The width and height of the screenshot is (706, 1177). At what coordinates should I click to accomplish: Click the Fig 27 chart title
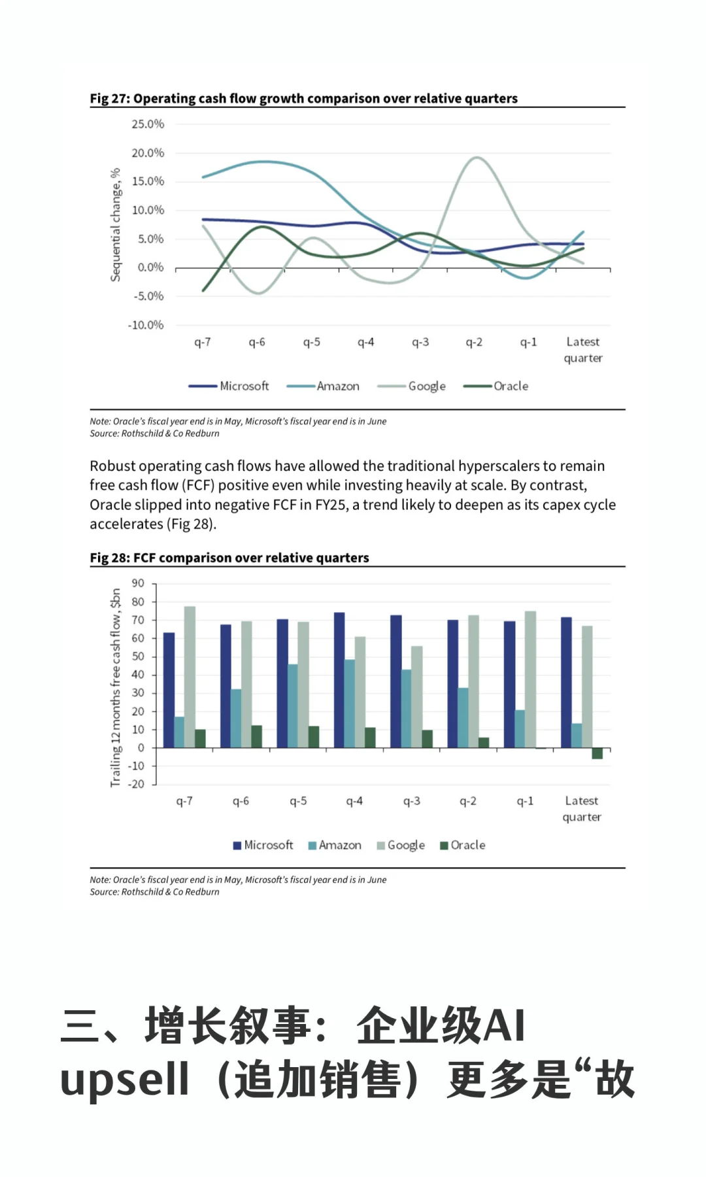pyautogui.click(x=303, y=99)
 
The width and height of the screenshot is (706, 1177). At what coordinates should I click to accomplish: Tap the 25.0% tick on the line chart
pyautogui.click(x=148, y=124)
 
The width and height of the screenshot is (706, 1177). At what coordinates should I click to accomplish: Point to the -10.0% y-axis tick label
pyautogui.click(x=146, y=325)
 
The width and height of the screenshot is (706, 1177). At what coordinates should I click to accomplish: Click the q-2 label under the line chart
pyautogui.click(x=474, y=342)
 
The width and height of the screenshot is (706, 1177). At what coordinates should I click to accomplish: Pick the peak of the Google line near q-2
pyautogui.click(x=476, y=158)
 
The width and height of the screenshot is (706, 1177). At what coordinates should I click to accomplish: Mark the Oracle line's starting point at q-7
pyautogui.click(x=203, y=290)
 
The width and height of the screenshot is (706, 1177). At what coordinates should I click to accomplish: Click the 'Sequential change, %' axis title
pyautogui.click(x=116, y=225)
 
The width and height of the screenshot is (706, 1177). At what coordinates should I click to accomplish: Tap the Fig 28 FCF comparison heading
pyautogui.click(x=229, y=558)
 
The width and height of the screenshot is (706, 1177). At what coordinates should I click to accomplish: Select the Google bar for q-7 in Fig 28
pyautogui.click(x=190, y=677)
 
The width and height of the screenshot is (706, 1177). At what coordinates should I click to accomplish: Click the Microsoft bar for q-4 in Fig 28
pyautogui.click(x=339, y=680)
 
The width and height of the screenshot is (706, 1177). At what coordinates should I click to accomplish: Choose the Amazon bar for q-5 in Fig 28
pyautogui.click(x=293, y=706)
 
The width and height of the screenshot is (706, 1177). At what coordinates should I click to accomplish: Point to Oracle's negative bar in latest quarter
pyautogui.click(x=597, y=753)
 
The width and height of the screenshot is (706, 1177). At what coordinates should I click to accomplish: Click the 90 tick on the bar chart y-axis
pyautogui.click(x=138, y=583)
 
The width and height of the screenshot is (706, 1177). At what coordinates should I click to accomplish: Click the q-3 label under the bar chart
pyautogui.click(x=412, y=801)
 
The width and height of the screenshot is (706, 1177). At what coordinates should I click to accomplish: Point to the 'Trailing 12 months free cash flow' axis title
pyautogui.click(x=116, y=687)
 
